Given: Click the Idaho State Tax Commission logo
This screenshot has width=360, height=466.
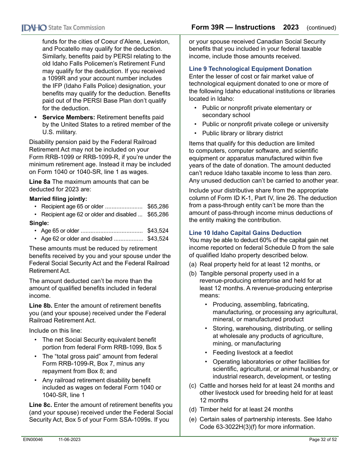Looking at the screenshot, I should point(63,28).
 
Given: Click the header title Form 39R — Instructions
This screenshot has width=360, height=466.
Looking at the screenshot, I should point(233,27).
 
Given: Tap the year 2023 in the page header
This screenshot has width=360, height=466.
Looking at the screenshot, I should point(291,27).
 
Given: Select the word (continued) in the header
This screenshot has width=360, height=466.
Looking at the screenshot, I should point(321,28).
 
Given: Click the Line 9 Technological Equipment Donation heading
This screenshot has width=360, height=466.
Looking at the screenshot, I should point(250,69).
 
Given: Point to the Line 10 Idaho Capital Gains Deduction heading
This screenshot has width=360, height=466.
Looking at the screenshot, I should point(245,233).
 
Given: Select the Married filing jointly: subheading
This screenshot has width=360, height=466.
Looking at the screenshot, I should point(58,199).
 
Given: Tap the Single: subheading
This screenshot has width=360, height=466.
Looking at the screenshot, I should point(39,223).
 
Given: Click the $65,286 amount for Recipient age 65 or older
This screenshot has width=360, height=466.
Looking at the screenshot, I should point(158,206).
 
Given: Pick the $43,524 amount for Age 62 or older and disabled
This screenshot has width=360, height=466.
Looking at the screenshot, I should point(158,239).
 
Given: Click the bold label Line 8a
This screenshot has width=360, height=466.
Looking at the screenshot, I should point(40,182).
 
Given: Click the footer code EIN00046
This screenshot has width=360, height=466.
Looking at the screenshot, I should point(32,439).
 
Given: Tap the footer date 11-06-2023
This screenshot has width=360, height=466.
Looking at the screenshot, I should point(69,439).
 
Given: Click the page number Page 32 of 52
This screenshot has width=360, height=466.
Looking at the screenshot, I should point(323,439).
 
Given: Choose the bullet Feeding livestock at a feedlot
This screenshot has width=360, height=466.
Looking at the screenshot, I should point(252,353).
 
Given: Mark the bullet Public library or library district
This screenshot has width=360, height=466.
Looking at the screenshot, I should point(242,133).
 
